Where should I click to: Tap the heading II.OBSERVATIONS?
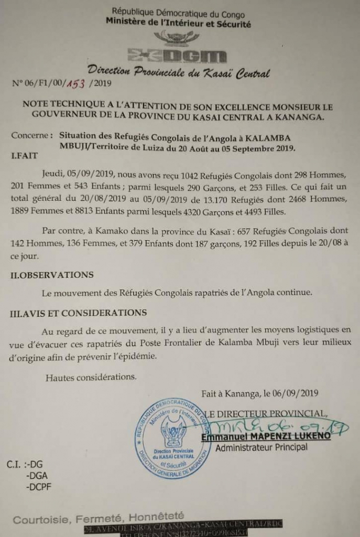click(x=52, y=274)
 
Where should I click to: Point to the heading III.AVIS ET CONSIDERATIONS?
click(x=79, y=313)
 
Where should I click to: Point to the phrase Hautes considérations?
click(x=91, y=376)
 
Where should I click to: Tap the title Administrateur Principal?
click(x=261, y=447)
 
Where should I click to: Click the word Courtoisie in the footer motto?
click(x=40, y=520)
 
